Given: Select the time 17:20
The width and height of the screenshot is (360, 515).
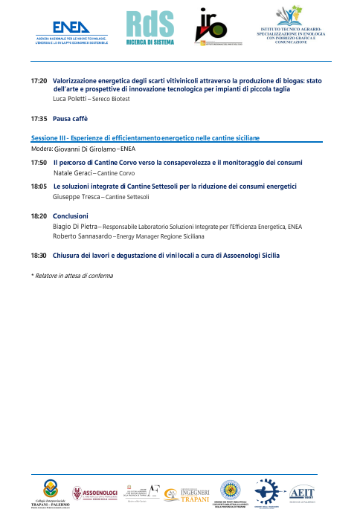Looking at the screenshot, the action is pyautogui.click(x=39, y=80).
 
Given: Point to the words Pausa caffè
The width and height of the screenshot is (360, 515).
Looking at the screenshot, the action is pyautogui.click(x=70, y=118).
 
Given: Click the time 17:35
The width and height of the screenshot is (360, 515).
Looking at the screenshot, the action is pyautogui.click(x=39, y=118).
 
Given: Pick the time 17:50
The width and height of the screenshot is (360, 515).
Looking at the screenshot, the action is pyautogui.click(x=39, y=162).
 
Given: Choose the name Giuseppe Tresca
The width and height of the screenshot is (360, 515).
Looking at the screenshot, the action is pyautogui.click(x=77, y=197).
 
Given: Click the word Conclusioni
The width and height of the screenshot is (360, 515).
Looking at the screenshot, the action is pyautogui.click(x=71, y=216).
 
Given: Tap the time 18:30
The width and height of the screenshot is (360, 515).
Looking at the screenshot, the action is pyautogui.click(x=39, y=255).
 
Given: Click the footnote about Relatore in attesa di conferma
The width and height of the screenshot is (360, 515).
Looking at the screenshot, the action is pyautogui.click(x=72, y=276).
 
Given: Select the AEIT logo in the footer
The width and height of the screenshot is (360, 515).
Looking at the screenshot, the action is pyautogui.click(x=301, y=493).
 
